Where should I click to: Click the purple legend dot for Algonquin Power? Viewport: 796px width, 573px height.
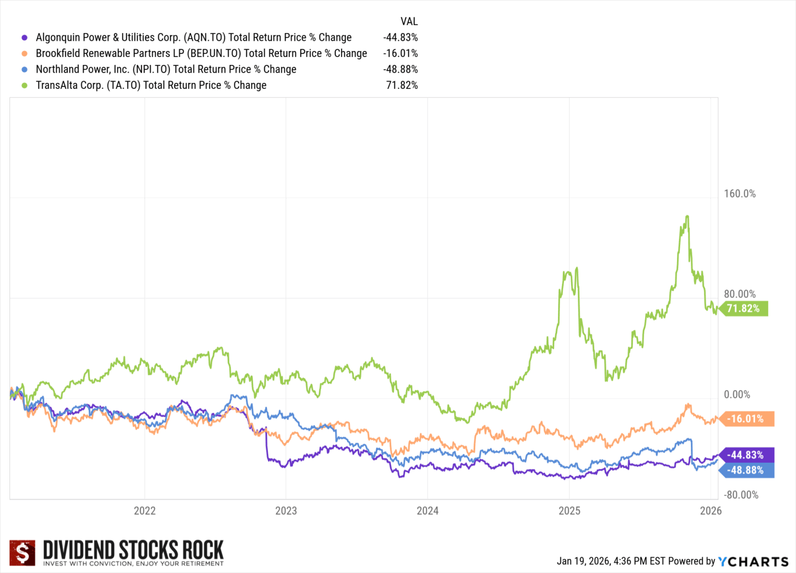point(24,38)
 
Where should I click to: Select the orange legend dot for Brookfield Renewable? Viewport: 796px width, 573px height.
point(24,54)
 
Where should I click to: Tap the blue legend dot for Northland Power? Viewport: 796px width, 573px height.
point(24,70)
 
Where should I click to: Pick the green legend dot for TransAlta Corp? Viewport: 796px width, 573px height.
point(24,86)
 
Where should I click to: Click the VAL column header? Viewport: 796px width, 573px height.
point(409,22)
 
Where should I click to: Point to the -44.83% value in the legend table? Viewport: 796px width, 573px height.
point(400,37)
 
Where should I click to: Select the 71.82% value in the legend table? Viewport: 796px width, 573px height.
point(402,86)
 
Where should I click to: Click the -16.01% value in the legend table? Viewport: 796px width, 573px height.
point(400,54)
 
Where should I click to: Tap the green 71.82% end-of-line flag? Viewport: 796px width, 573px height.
point(744,308)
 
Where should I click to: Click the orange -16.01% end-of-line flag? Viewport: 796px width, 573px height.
point(747,419)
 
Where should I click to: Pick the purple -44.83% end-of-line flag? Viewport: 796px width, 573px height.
point(747,455)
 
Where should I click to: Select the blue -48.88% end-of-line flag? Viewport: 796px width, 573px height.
point(747,470)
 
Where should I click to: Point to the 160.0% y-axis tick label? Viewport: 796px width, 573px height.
point(740,194)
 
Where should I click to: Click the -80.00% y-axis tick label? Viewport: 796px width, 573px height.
point(741,495)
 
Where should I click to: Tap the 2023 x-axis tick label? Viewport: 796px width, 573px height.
point(286,510)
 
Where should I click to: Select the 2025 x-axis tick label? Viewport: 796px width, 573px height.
point(569,510)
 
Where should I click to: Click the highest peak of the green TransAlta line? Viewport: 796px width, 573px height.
point(687,216)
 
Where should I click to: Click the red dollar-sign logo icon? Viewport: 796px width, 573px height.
point(22,553)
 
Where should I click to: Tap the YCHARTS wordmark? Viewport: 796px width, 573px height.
point(753,561)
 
